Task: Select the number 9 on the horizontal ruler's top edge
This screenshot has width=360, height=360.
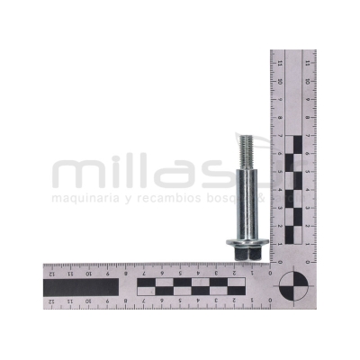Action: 107,272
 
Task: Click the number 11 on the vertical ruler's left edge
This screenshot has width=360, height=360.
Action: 281,63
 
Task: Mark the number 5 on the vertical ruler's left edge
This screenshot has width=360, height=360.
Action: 281,172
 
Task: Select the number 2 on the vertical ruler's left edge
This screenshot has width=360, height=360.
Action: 281,226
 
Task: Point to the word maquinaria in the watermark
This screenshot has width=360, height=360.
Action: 83,196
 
